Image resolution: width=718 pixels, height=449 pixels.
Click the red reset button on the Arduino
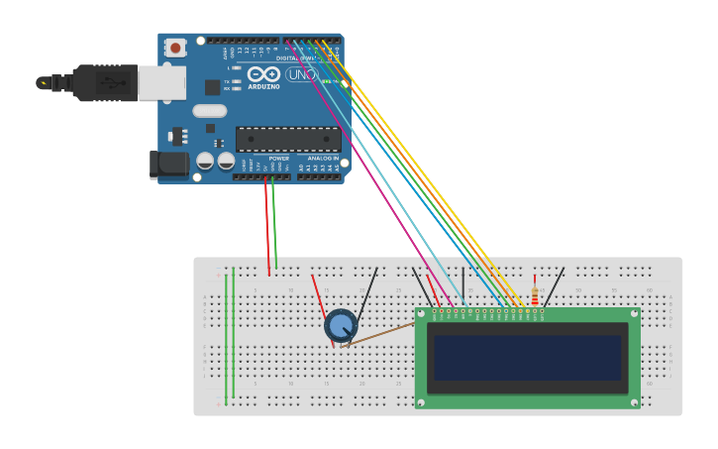[175, 47]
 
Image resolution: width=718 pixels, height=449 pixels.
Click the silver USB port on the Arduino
[161, 83]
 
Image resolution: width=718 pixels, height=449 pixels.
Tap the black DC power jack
[167, 164]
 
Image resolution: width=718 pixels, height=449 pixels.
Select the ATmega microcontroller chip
[287, 139]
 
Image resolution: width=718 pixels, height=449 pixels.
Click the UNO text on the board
[301, 74]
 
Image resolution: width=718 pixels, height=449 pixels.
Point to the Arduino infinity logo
[263, 74]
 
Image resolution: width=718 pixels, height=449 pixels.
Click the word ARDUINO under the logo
[263, 86]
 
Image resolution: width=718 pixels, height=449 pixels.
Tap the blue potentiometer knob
[341, 325]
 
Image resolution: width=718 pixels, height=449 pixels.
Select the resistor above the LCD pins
[535, 295]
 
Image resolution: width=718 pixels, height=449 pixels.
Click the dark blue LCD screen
[528, 357]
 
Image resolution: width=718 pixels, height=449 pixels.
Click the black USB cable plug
[104, 83]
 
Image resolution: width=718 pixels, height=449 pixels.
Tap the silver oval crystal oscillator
[209, 111]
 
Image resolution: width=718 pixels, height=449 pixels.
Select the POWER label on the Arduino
[279, 158]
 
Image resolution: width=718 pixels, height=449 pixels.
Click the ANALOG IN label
[323, 158]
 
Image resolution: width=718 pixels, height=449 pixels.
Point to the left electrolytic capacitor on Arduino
[205, 160]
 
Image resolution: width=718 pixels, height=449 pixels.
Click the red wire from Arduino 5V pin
[266, 228]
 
